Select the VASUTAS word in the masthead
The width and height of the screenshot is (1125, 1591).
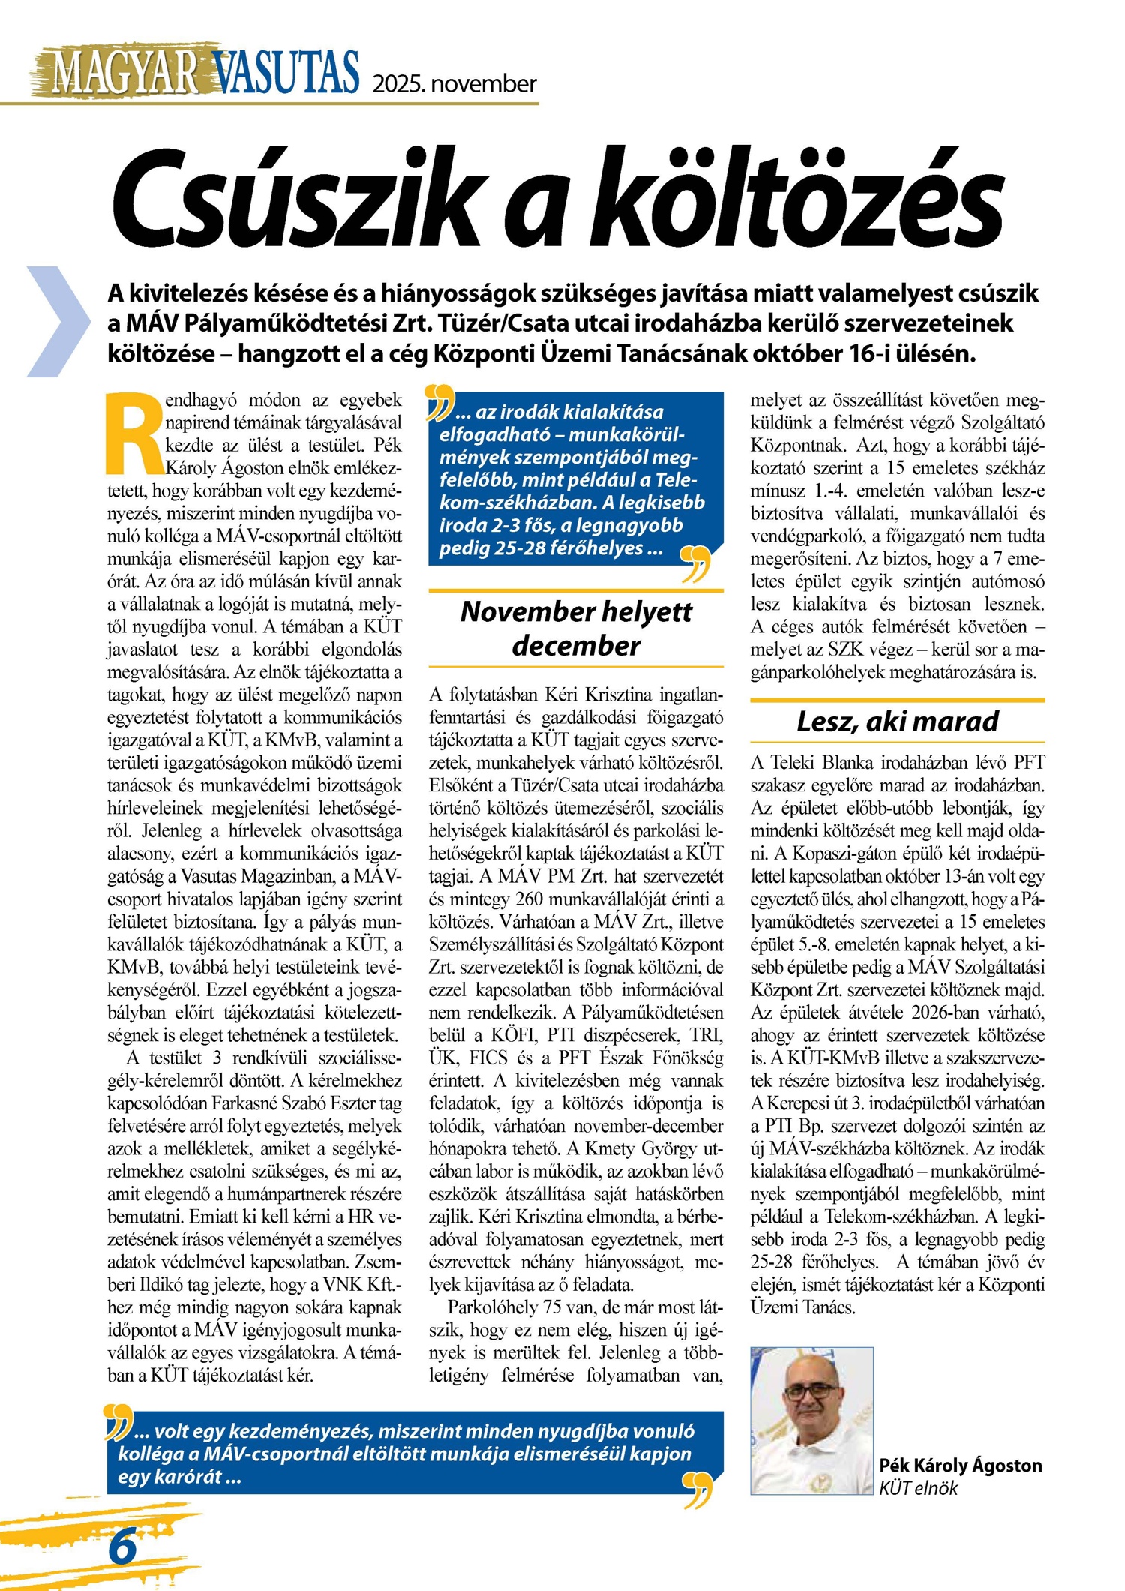tap(286, 73)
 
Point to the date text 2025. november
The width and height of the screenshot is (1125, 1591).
tap(454, 83)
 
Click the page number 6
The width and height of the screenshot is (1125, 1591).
tap(122, 1547)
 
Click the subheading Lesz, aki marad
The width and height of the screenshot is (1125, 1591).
tap(897, 721)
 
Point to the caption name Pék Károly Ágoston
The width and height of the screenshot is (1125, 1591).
tap(960, 1465)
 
